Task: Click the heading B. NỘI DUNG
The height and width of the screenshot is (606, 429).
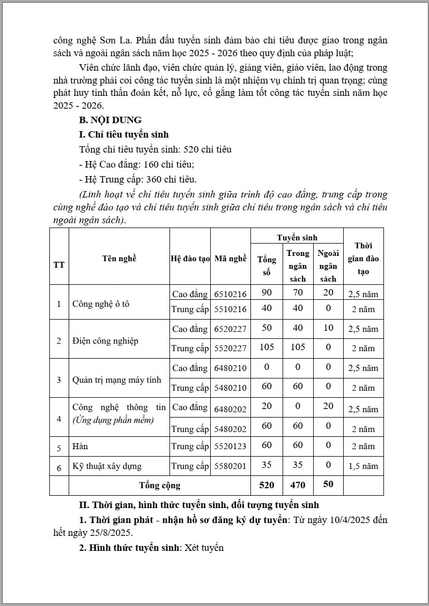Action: click(x=110, y=120)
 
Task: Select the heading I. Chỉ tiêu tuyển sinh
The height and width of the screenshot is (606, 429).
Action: click(x=123, y=135)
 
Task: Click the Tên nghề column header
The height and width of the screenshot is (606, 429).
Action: click(x=119, y=258)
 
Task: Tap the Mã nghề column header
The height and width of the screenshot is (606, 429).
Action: click(x=231, y=258)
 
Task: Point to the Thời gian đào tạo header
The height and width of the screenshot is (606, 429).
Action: click(x=363, y=258)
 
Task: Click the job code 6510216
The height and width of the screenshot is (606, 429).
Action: click(x=231, y=294)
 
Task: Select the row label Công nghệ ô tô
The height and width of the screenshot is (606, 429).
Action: click(x=101, y=304)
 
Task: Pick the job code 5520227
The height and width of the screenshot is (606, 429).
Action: click(x=231, y=349)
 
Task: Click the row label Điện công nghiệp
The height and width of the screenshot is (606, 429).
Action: click(x=105, y=341)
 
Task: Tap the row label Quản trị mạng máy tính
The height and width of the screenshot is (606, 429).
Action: click(x=116, y=380)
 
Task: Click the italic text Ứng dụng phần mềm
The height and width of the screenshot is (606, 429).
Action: click(x=113, y=420)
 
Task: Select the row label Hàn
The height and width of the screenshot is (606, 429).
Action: click(x=80, y=446)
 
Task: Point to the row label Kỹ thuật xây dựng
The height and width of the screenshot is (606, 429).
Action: click(x=107, y=466)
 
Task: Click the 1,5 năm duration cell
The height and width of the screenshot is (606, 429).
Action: click(x=363, y=466)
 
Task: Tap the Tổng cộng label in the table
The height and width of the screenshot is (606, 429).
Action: click(x=160, y=486)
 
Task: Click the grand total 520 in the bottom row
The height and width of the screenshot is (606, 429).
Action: click(x=267, y=485)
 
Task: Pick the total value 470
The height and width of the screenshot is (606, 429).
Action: click(x=298, y=485)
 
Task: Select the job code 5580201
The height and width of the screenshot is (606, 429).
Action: click(x=231, y=466)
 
